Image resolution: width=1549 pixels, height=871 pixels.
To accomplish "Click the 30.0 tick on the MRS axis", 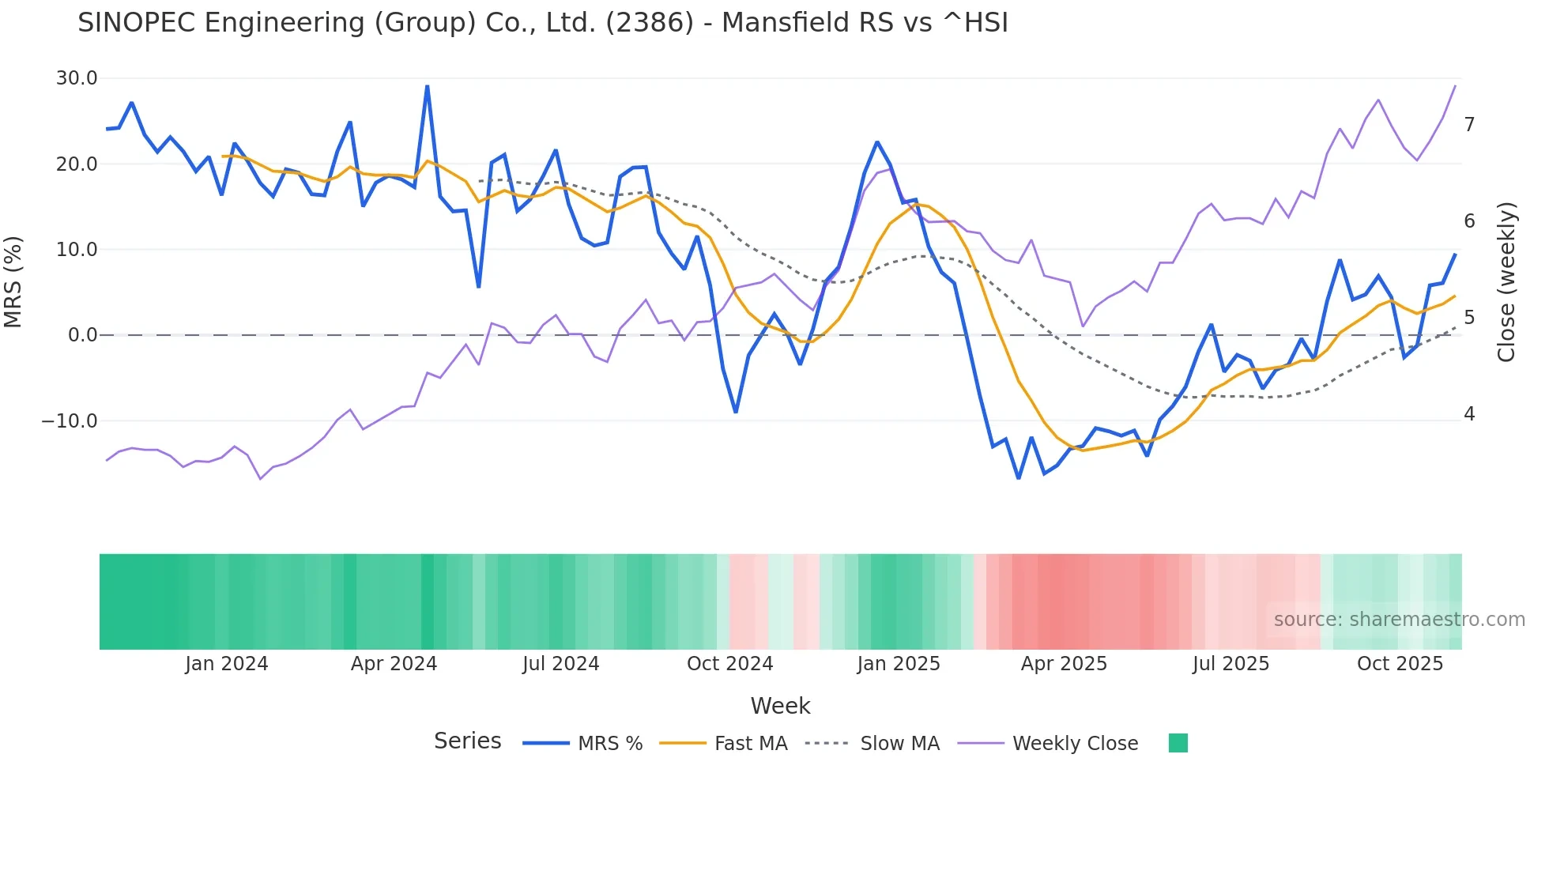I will (x=76, y=78).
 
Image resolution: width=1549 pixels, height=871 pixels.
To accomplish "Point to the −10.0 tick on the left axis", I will (x=70, y=421).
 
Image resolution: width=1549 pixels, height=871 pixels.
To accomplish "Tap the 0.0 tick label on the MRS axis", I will (x=82, y=335).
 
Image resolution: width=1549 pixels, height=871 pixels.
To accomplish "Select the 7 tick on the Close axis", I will (x=1469, y=125).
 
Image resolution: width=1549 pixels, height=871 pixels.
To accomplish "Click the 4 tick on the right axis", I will (x=1469, y=414).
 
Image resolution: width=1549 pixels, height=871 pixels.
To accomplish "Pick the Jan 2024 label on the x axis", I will (x=227, y=664).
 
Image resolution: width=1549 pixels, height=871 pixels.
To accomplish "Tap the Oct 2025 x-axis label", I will (x=1400, y=664).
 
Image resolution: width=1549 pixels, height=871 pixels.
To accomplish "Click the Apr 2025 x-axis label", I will (x=1064, y=664).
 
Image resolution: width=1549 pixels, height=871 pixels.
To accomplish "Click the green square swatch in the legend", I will (x=1178, y=743).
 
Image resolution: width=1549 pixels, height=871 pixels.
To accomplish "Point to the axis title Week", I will (x=780, y=706).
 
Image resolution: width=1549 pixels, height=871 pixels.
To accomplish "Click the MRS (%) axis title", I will (x=13, y=282).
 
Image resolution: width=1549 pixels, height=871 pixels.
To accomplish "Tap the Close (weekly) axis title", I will (x=1506, y=282).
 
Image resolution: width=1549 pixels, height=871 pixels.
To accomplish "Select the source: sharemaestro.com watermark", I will (x=1399, y=620).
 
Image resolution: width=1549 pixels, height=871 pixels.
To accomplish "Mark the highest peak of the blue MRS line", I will (x=428, y=86).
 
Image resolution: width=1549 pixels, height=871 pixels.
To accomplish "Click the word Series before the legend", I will (x=467, y=741).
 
